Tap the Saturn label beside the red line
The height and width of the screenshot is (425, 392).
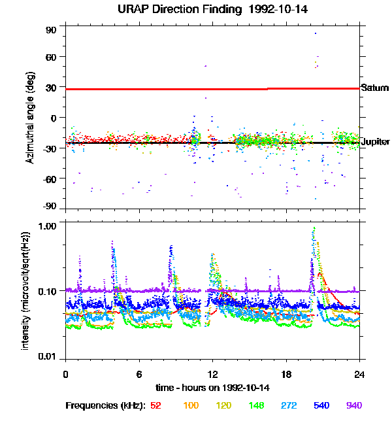(375, 88)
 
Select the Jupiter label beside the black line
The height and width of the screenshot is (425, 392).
(376, 142)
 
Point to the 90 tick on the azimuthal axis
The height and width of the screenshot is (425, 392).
(51, 30)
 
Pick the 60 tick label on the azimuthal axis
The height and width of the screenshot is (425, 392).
(51, 57)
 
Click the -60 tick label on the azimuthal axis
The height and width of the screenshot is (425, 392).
(49, 178)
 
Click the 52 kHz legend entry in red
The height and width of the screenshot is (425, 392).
(156, 405)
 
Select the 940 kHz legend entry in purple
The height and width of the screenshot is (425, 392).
(353, 405)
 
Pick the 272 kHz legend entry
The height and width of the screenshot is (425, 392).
(288, 405)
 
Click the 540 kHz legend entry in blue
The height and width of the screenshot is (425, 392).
(321, 405)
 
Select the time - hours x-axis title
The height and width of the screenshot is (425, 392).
(212, 387)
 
